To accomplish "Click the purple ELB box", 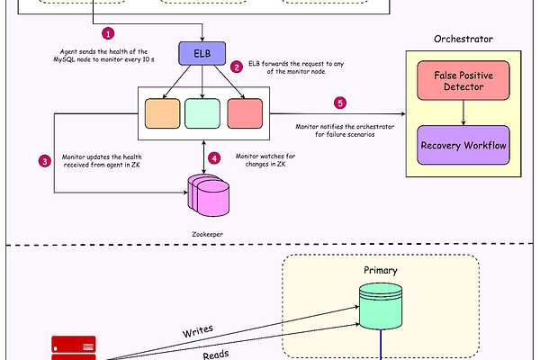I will (x=202, y=55).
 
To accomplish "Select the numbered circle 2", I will (x=237, y=66).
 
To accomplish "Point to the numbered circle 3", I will (x=44, y=162).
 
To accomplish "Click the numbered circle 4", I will (x=213, y=157).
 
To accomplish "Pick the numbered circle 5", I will (x=339, y=103).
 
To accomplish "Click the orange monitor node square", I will (x=163, y=112).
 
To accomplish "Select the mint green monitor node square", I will (x=202, y=112).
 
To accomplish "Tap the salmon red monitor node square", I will (x=244, y=112).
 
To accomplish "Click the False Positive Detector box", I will (x=463, y=82).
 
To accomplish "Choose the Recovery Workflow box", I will (x=463, y=144).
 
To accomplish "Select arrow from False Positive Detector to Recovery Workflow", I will (x=463, y=112).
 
